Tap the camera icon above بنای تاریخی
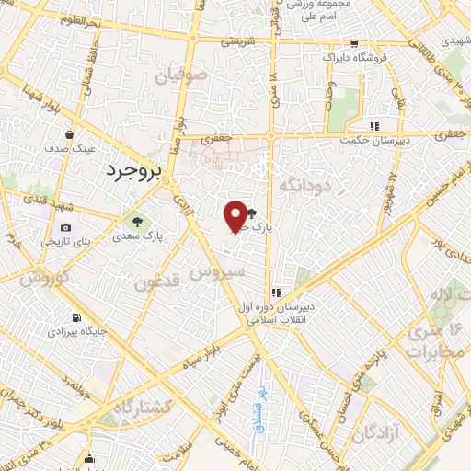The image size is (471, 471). click(x=65, y=228)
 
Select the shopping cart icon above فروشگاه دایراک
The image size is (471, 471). click(x=354, y=44)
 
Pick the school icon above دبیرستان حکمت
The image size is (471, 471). click(x=373, y=127)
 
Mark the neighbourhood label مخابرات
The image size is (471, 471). click(x=433, y=353)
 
